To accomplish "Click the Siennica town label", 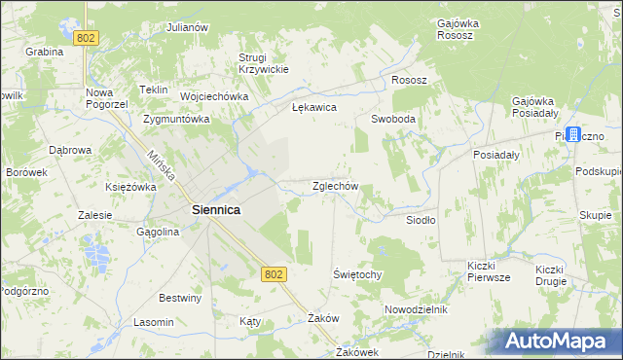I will click(216, 209).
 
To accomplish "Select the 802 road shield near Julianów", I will click(86, 37).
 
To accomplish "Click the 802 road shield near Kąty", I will click(274, 275).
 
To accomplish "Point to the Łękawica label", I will click(313, 108).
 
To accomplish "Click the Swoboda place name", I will click(393, 119).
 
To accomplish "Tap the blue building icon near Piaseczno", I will click(573, 134).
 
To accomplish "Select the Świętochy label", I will click(357, 274).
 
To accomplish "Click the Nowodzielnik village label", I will click(415, 308).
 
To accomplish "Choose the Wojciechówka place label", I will click(213, 97).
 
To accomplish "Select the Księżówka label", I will click(130, 186).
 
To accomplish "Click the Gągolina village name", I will click(158, 233).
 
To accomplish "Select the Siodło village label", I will click(421, 220).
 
